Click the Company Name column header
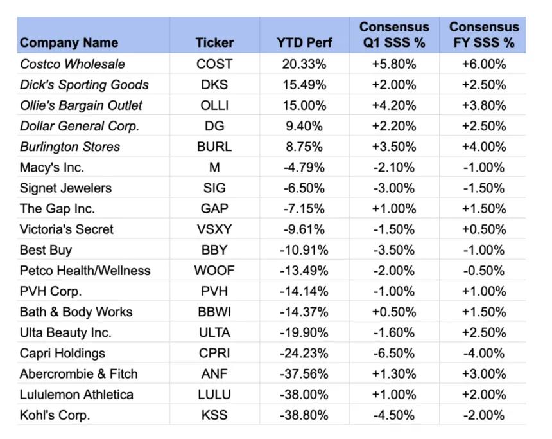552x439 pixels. (x=69, y=42)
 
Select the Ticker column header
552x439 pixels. (x=214, y=42)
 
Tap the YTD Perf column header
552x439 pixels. (x=304, y=42)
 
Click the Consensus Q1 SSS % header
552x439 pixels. (x=394, y=35)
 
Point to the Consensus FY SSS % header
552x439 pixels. (x=484, y=35)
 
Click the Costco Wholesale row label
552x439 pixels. (x=73, y=64)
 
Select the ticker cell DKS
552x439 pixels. (x=214, y=85)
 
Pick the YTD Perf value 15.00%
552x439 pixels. (x=304, y=105)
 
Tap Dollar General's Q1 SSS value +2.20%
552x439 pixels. (x=394, y=126)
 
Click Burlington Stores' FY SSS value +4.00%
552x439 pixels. (x=484, y=147)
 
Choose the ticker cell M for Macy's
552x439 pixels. (x=214, y=167)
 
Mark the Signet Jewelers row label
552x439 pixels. (x=66, y=188)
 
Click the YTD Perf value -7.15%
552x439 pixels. (x=304, y=208)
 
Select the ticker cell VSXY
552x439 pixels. (x=214, y=229)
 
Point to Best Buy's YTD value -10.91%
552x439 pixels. (x=304, y=250)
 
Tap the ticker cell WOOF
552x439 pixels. (x=214, y=271)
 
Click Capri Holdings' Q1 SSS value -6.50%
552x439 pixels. (x=394, y=353)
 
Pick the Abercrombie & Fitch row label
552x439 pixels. (x=79, y=374)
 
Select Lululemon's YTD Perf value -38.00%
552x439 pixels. (x=304, y=394)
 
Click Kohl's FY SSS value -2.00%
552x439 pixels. (x=484, y=415)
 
